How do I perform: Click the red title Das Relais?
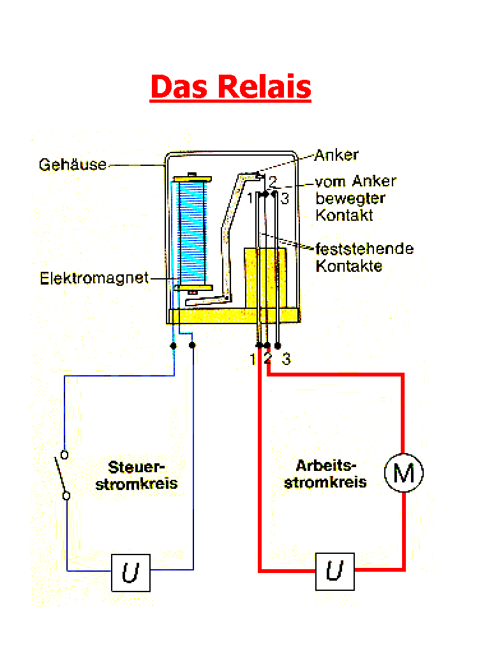pyautogui.click(x=230, y=87)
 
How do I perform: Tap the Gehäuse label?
pyautogui.click(x=73, y=165)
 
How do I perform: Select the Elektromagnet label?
pyautogui.click(x=94, y=278)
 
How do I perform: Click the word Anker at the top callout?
pyautogui.click(x=336, y=155)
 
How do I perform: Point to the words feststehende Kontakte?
pyautogui.click(x=364, y=257)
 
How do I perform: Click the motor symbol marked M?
pyautogui.click(x=403, y=473)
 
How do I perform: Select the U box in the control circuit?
pyautogui.click(x=131, y=573)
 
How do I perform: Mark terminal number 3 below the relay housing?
pyautogui.click(x=287, y=360)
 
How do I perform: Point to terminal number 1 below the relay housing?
pyautogui.click(x=253, y=360)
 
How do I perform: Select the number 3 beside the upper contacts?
pyautogui.click(x=285, y=199)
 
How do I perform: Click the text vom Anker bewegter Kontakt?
pyautogui.click(x=355, y=198)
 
